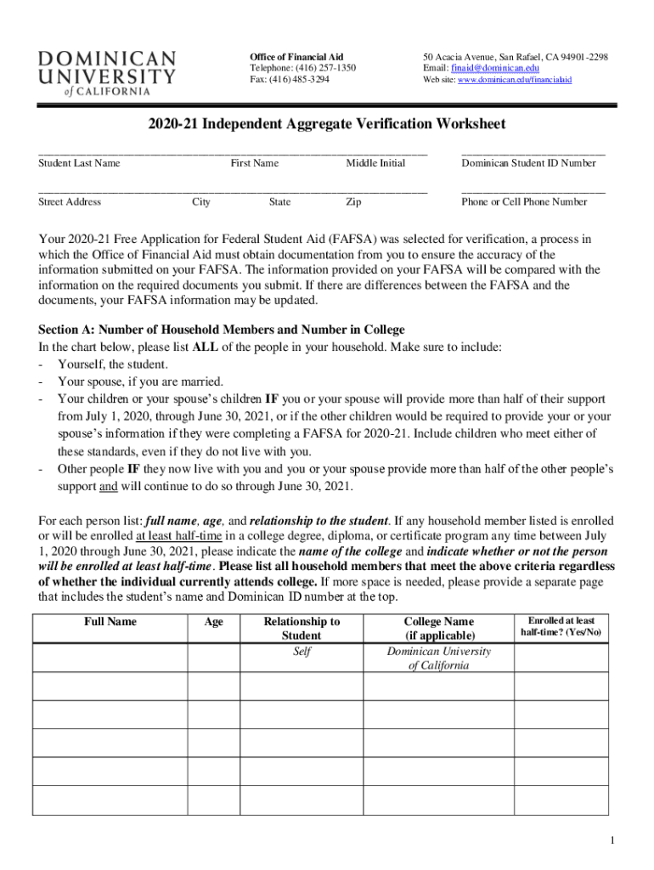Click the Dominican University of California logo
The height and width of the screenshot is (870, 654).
click(107, 72)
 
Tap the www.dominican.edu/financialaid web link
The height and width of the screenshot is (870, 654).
click(515, 80)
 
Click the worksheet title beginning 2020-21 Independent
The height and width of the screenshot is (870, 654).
click(326, 124)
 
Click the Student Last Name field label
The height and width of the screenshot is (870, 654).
click(79, 163)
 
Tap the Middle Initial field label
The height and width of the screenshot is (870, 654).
click(375, 163)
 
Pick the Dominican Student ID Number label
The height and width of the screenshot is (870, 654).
click(528, 163)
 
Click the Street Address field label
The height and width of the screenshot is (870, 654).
click(70, 202)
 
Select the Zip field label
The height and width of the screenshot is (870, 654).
click(353, 202)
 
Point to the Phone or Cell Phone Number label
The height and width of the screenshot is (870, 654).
click(524, 202)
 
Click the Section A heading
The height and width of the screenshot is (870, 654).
click(222, 330)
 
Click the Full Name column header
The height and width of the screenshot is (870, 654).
click(110, 622)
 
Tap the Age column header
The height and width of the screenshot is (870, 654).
click(214, 622)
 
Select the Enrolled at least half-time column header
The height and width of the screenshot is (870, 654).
click(561, 627)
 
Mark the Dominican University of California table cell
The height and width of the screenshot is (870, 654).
click(438, 658)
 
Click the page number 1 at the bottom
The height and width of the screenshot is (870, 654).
click(611, 841)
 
